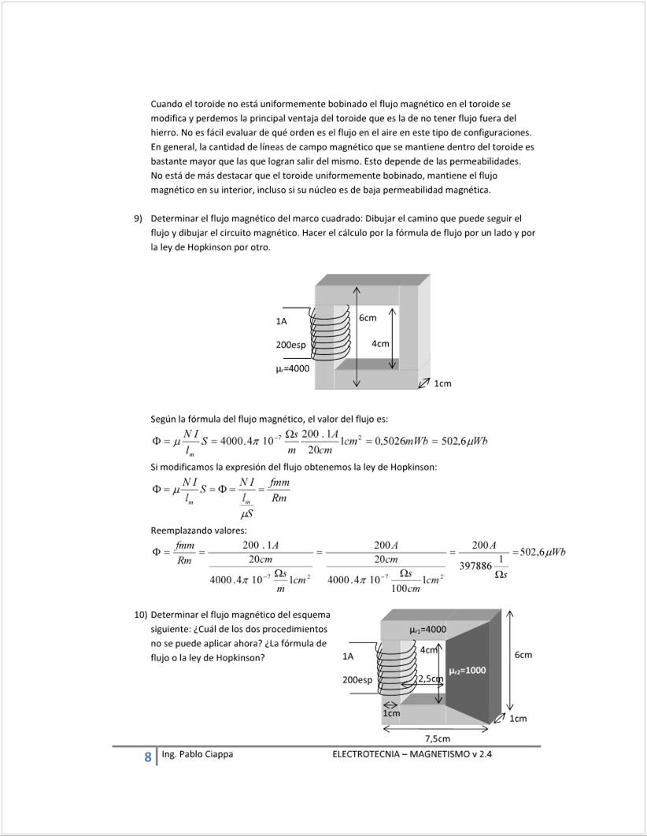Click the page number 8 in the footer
point(147,757)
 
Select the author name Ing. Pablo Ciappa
point(197,754)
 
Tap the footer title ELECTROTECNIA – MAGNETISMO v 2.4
point(417,754)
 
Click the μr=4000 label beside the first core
point(293,368)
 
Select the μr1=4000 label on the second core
point(428,630)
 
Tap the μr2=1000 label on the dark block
point(467,671)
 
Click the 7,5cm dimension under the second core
point(438,738)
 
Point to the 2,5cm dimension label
point(431,679)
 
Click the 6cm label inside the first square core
point(368,318)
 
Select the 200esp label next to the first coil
point(290,345)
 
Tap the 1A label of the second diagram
point(349,655)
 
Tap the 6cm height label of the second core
point(523,655)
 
